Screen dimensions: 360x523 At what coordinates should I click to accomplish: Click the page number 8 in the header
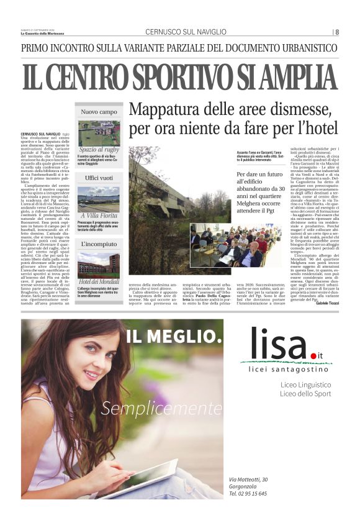(x=337, y=32)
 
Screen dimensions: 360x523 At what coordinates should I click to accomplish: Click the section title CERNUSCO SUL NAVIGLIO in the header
(x=186, y=32)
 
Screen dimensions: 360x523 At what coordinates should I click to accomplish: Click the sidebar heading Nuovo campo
(x=99, y=112)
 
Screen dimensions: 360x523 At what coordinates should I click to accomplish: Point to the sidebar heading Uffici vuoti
(x=99, y=178)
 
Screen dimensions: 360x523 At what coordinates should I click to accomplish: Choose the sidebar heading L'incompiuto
(x=99, y=245)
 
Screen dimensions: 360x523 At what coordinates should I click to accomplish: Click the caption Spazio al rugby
(x=99, y=149)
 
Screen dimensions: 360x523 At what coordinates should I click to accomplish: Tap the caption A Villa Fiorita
(x=99, y=216)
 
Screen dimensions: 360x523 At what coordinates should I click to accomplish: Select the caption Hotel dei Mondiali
(x=99, y=281)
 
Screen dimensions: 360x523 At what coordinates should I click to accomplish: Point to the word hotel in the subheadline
(x=320, y=130)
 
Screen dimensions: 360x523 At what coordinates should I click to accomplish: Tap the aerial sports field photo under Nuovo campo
(x=99, y=132)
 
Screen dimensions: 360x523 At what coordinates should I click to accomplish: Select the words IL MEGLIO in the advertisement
(x=174, y=338)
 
